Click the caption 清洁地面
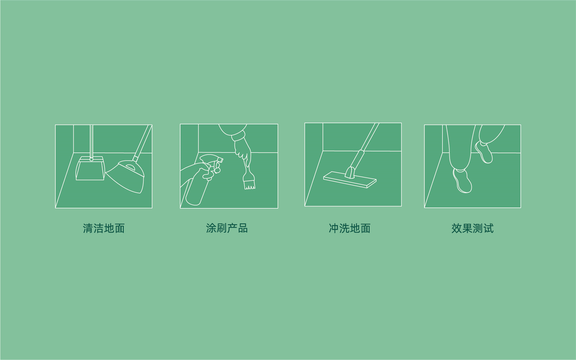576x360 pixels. click(x=104, y=228)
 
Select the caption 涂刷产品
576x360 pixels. click(x=227, y=228)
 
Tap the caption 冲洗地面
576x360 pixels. click(x=350, y=228)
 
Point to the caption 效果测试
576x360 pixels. click(x=473, y=228)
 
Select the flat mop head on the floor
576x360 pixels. click(x=350, y=179)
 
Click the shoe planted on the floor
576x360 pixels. click(x=462, y=181)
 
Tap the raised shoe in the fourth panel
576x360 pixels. click(x=484, y=152)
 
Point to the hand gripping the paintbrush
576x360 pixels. click(x=243, y=151)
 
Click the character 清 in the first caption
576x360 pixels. click(x=88, y=228)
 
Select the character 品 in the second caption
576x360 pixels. click(x=243, y=228)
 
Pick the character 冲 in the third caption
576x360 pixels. click(x=334, y=228)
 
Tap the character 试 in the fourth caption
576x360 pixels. click(x=488, y=228)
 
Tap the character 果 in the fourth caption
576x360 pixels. click(x=467, y=228)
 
